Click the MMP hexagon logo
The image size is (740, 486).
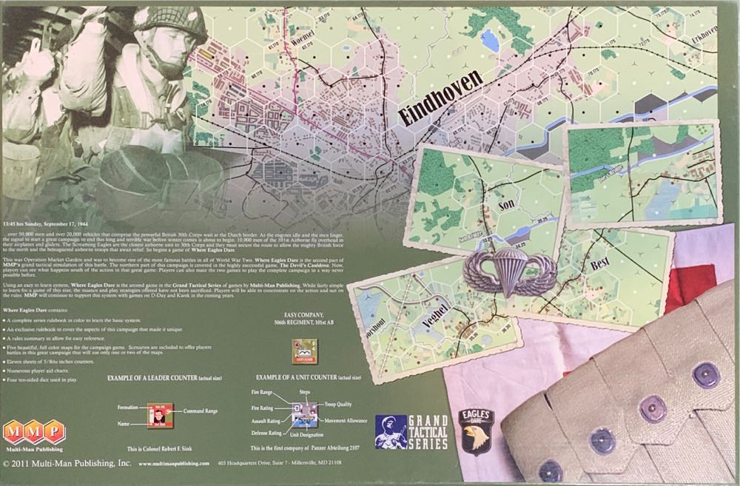(33, 431)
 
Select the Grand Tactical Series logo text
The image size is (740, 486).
(428, 433)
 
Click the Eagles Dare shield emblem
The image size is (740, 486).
(475, 431)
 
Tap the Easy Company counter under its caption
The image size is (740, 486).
(304, 351)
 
